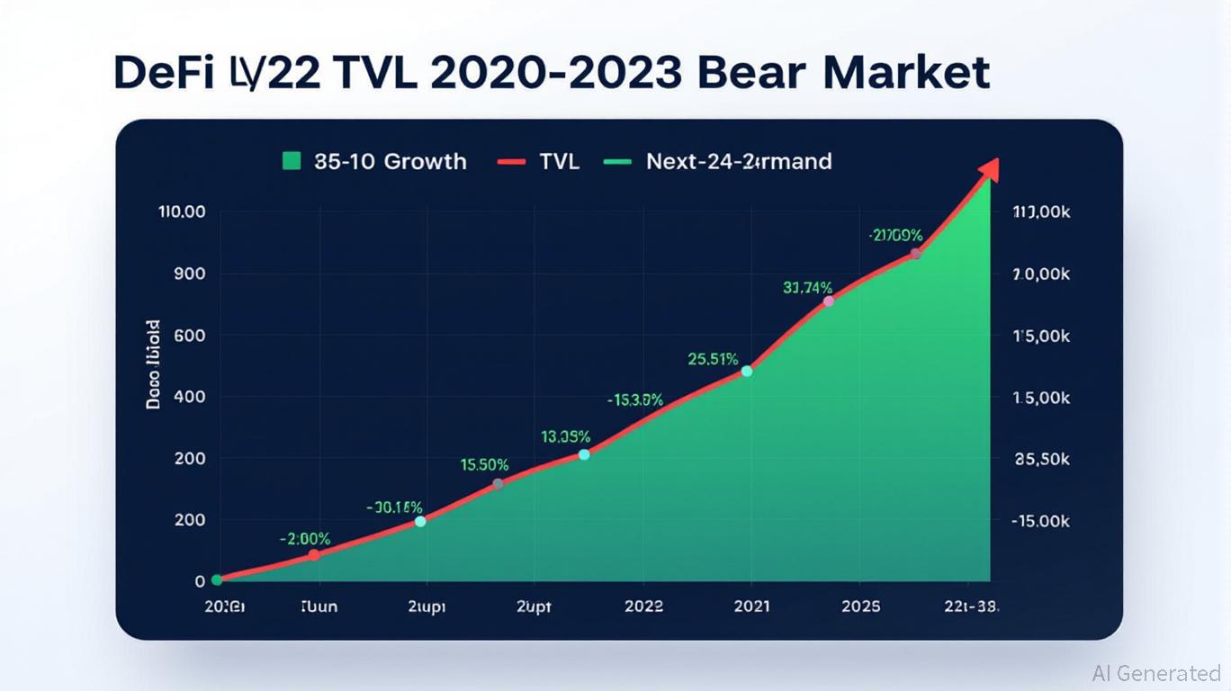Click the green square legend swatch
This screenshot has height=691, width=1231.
tap(291, 162)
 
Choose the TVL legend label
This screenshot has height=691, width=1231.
tap(559, 162)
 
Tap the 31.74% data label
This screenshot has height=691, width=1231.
tap(807, 288)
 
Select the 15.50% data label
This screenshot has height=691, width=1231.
tap(484, 465)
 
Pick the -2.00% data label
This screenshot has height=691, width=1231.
tap(305, 539)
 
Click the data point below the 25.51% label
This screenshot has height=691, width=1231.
tap(746, 371)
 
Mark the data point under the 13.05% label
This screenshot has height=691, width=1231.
tap(584, 454)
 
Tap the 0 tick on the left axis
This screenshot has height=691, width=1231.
tap(200, 581)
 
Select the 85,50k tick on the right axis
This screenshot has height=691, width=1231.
tap(1041, 459)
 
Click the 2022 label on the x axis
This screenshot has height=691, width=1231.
tap(643, 606)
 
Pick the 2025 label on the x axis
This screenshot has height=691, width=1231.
tap(861, 606)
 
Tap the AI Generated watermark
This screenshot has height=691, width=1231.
tap(1155, 673)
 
